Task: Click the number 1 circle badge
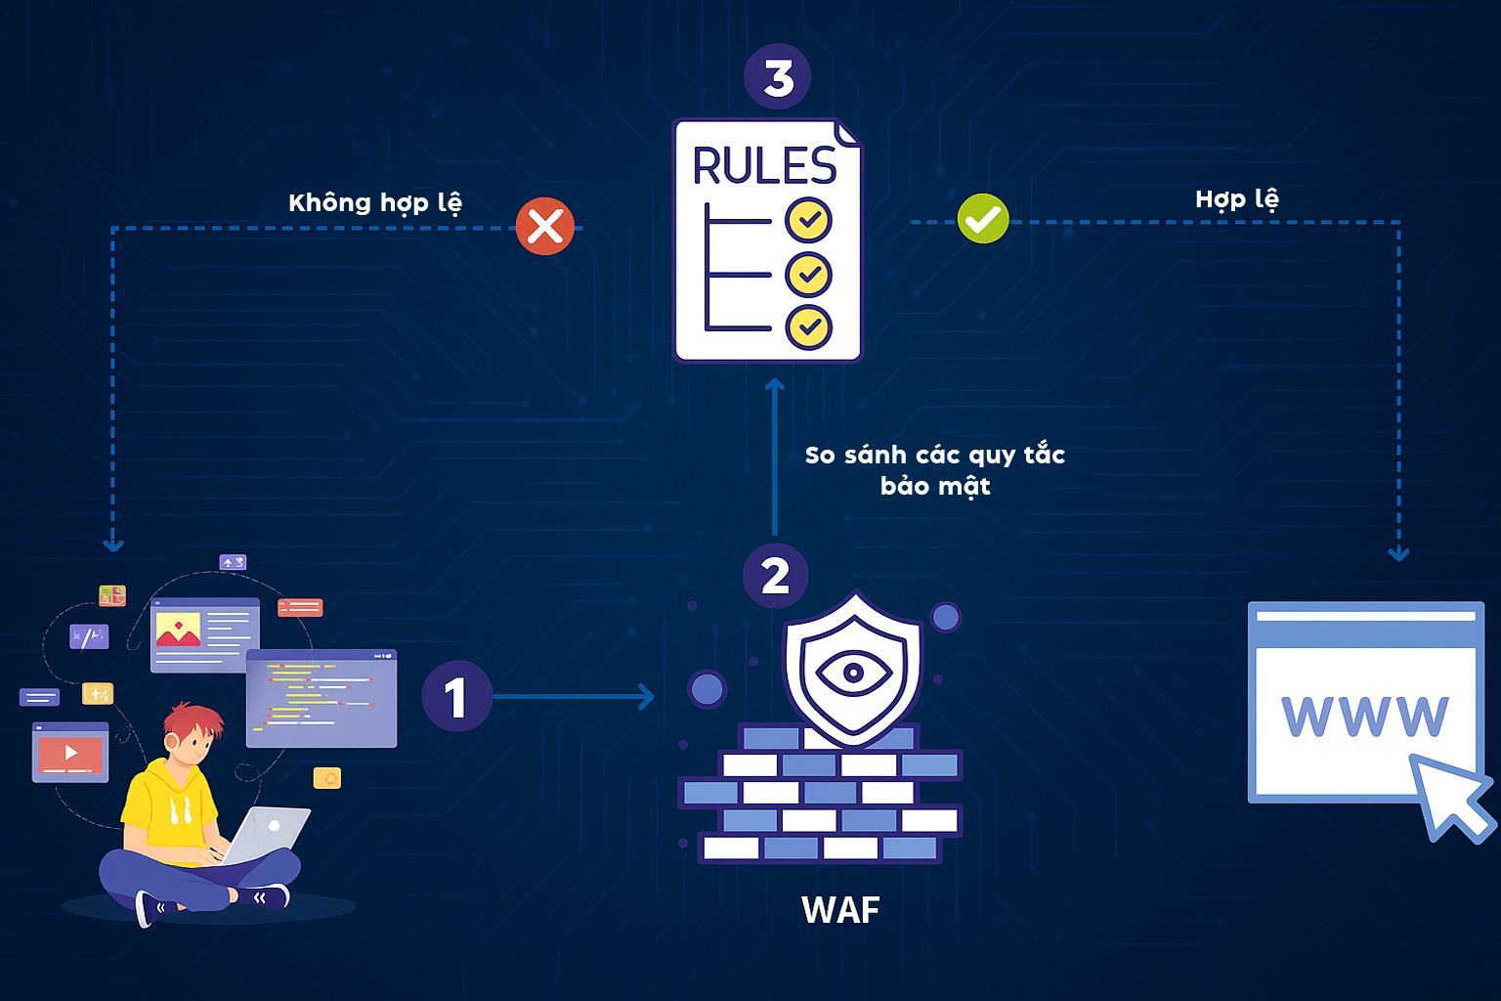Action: [x=456, y=697]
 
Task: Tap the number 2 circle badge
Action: [x=775, y=576]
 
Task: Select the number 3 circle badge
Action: [x=777, y=76]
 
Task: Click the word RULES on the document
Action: [x=764, y=166]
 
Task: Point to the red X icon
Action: [x=544, y=227]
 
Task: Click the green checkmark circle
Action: [x=982, y=219]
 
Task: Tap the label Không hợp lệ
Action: [x=374, y=202]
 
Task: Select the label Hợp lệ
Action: [x=1236, y=199]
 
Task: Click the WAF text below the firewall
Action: [x=840, y=910]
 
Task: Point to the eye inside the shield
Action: [x=853, y=673]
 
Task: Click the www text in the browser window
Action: [x=1364, y=717]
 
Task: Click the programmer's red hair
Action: [x=193, y=721]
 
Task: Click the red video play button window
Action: [x=70, y=753]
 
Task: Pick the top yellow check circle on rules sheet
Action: [x=808, y=220]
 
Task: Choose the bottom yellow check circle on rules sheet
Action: [x=808, y=327]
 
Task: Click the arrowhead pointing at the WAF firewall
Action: [x=647, y=697]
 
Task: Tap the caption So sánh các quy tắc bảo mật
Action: [x=934, y=470]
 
